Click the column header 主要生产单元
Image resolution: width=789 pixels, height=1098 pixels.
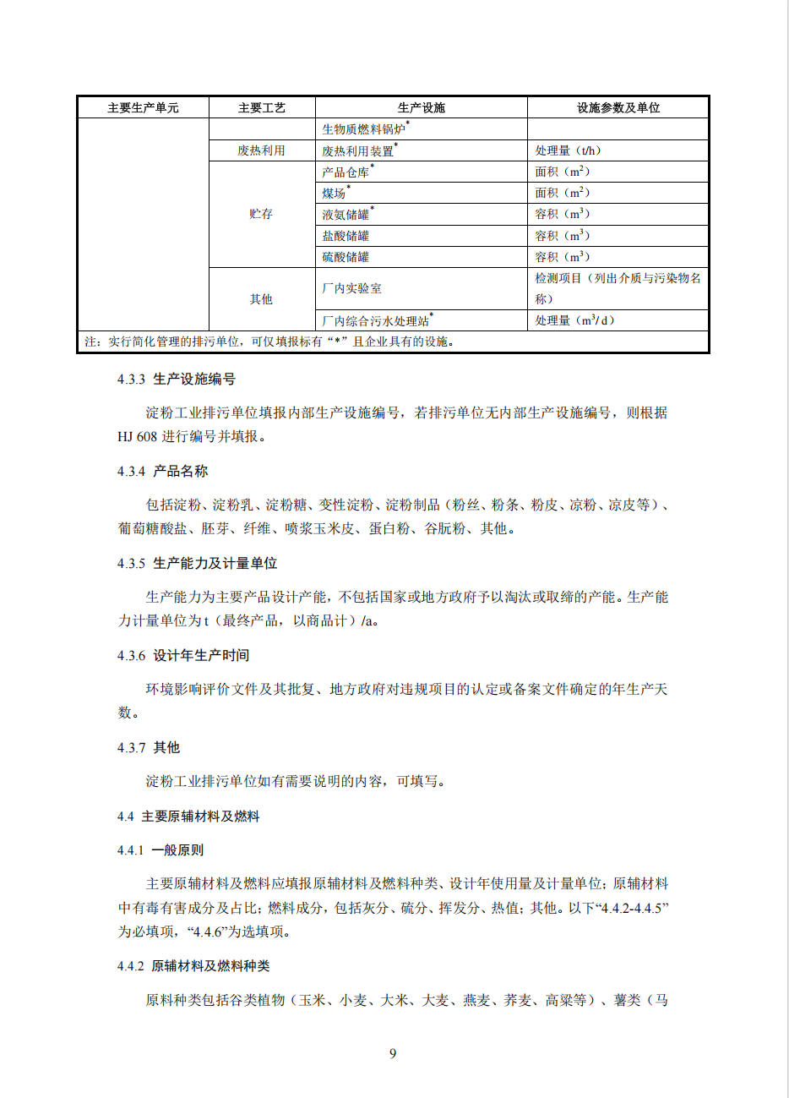point(143,107)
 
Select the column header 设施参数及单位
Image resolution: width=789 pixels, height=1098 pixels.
point(618,107)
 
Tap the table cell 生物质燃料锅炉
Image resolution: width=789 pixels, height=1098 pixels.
point(364,129)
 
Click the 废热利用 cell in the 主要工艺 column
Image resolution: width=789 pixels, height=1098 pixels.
point(261,150)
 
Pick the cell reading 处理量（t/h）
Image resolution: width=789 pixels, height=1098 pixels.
point(568,150)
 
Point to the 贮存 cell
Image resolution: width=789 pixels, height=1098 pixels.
point(261,214)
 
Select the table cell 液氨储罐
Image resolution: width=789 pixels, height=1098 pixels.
point(346,215)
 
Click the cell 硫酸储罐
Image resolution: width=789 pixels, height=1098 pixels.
point(346,257)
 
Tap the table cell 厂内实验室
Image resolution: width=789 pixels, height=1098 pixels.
point(351,288)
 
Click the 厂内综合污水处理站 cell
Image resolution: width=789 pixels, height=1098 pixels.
point(376,320)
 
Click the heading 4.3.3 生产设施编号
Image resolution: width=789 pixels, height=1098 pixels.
point(177,380)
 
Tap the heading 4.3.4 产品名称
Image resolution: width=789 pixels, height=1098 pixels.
point(162,472)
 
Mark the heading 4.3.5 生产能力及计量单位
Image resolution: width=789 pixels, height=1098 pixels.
point(198,564)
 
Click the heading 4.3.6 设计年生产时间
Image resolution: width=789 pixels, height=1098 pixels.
point(183,656)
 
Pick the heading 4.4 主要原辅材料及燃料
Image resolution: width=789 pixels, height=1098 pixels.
point(188,817)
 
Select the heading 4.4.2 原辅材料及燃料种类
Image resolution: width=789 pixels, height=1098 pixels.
point(193,966)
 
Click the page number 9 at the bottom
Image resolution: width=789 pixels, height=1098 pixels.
point(393,1053)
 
